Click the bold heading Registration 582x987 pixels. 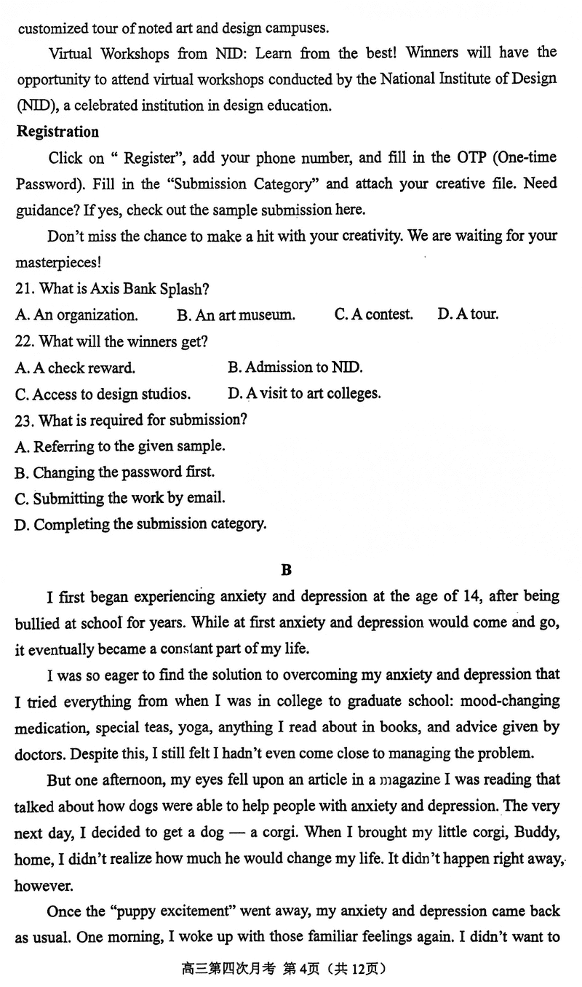[x=57, y=132]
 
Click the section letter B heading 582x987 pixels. [x=286, y=570]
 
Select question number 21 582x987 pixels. [x=25, y=289]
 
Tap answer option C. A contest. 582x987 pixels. [x=373, y=315]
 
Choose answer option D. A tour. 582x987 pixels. [x=468, y=315]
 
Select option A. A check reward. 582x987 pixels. [x=74, y=368]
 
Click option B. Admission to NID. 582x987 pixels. [x=295, y=368]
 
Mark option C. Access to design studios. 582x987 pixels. [x=102, y=394]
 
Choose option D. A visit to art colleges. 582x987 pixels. [x=303, y=394]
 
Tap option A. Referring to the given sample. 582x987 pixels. [x=119, y=446]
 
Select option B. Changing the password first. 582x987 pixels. [x=114, y=472]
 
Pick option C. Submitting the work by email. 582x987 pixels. [x=119, y=499]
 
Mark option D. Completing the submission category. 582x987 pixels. [x=140, y=524]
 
